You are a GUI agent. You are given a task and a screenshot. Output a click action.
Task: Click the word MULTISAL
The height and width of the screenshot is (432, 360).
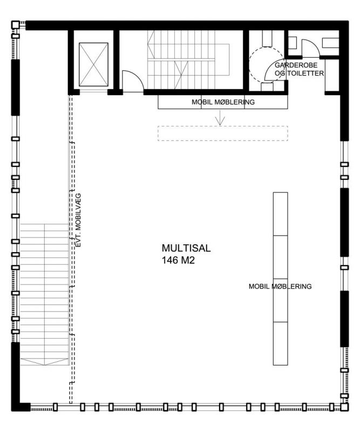(x=186, y=248)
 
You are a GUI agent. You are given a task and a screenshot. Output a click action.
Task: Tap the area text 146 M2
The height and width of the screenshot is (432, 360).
(x=178, y=260)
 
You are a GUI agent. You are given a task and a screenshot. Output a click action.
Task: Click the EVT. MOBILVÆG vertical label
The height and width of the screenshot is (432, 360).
(x=78, y=220)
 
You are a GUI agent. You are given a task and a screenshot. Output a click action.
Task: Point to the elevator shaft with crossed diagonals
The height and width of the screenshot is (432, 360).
(x=93, y=64)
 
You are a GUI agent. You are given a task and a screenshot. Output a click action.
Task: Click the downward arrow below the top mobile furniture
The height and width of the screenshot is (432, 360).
(x=220, y=117)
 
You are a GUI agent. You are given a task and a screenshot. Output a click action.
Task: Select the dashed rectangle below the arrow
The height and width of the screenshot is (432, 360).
(x=223, y=133)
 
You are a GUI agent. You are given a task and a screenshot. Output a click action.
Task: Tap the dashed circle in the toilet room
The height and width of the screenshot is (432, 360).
(x=249, y=65)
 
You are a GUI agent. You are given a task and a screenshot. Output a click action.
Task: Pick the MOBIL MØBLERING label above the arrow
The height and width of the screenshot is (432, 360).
(x=223, y=102)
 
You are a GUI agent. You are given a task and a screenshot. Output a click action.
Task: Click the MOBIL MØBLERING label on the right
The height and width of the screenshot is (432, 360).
(x=280, y=287)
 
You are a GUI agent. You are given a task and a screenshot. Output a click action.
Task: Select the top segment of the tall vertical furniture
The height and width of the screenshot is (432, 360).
(x=281, y=214)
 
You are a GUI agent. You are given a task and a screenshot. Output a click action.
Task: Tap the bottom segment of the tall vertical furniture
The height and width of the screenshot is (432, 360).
(x=281, y=343)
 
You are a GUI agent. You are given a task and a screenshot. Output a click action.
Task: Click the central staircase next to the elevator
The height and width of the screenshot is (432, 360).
(x=188, y=59)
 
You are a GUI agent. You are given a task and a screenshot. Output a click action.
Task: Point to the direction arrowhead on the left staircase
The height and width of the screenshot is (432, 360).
(x=44, y=362)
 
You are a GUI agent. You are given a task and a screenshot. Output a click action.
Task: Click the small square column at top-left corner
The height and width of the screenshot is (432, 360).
(x=16, y=25)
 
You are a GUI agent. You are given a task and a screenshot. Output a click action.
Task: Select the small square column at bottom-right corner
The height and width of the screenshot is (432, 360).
(x=344, y=407)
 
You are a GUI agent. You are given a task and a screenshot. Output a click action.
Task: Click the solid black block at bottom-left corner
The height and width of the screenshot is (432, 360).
(x=21, y=407)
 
